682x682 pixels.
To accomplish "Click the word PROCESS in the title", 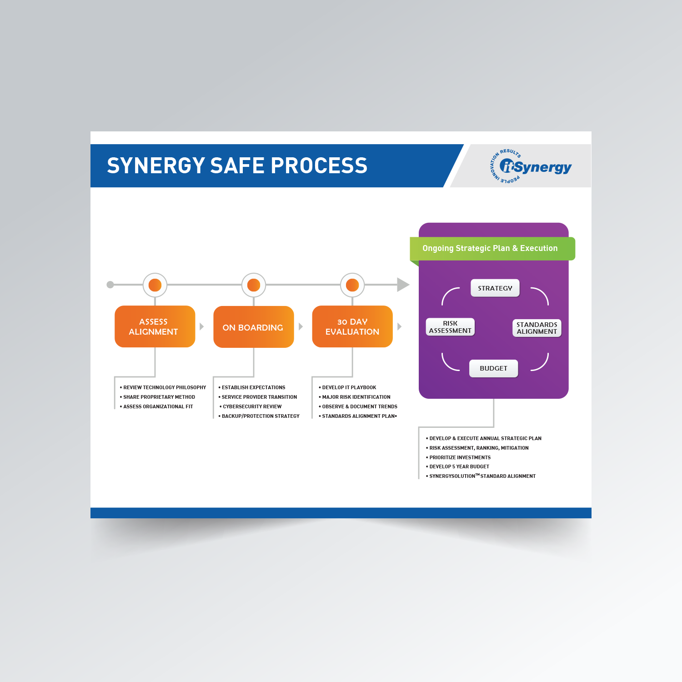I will coord(319,165).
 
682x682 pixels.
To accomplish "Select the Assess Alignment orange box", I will coord(155,326).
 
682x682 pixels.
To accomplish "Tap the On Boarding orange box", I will coord(253,327).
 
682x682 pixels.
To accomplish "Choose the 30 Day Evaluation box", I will coord(352,326).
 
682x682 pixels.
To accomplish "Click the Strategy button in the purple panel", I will coord(495,288).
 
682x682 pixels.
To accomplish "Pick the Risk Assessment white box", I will coord(450,327).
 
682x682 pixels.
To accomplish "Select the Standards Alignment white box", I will coord(537,328).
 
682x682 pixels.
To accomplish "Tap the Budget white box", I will coord(493,368).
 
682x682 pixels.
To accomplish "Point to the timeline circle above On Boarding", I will coord(254,285).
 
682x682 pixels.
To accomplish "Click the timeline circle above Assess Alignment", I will coord(155,285).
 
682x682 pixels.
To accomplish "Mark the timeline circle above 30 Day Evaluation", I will coord(352,285).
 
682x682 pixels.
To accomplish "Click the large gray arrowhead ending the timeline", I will coord(402,285).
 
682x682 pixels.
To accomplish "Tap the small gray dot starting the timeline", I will coord(110,285).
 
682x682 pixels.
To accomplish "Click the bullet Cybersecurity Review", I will coord(252,406).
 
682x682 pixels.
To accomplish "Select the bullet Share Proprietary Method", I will coord(159,397).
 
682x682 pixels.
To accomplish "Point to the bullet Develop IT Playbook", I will coord(349,387).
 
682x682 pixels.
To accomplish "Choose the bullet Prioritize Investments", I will coord(460,457).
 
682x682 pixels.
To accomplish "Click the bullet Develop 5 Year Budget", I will coord(459,466).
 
